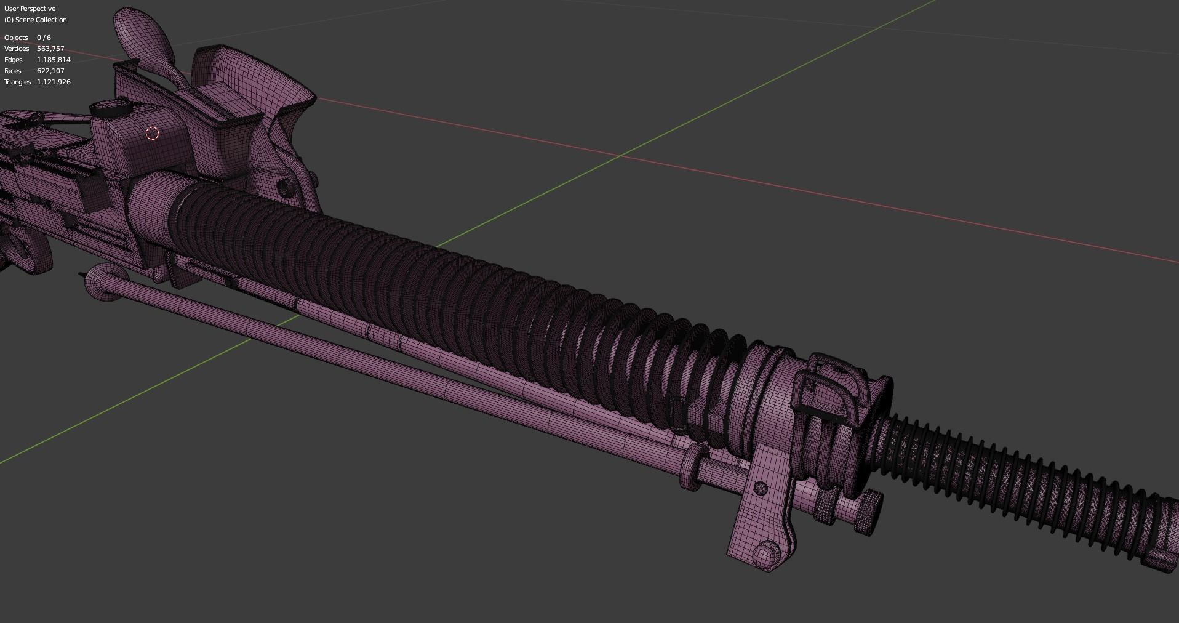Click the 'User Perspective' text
30,9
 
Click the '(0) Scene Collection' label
36,20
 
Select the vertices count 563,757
50,49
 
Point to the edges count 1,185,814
54,60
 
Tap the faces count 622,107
50,71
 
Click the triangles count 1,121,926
54,82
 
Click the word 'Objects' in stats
16,38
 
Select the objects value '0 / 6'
44,38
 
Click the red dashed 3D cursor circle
153,133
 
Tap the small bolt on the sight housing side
284,187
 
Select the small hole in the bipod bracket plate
761,489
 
